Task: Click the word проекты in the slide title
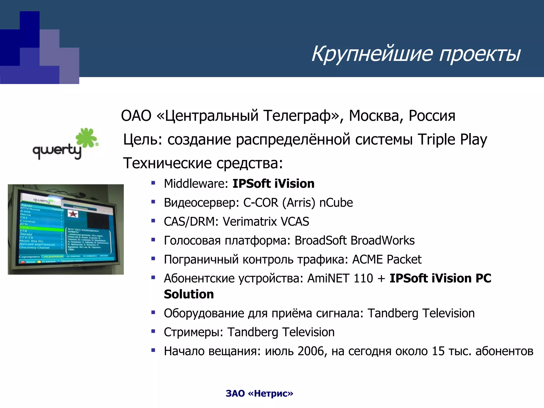(x=480, y=54)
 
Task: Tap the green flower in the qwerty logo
(x=86, y=138)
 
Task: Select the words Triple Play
(x=452, y=139)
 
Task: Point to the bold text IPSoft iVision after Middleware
(x=273, y=184)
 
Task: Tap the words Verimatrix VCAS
(x=266, y=222)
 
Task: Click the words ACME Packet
(x=387, y=260)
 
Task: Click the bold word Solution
(x=189, y=294)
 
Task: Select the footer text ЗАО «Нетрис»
(x=259, y=393)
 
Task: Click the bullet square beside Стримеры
(x=153, y=331)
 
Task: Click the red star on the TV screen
(x=73, y=214)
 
